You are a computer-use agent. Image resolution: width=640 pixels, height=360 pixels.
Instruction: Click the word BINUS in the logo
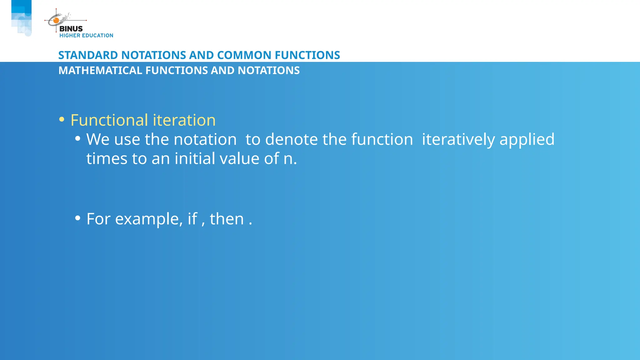[71, 29]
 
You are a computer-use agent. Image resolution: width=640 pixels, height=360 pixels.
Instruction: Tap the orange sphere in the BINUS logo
[56, 21]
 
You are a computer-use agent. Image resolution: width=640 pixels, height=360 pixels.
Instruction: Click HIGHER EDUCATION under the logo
[86, 36]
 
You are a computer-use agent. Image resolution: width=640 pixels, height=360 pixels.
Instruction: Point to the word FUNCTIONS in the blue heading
[307, 55]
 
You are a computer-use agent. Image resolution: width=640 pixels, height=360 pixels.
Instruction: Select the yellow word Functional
[109, 120]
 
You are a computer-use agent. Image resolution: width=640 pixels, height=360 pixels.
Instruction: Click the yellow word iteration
[184, 120]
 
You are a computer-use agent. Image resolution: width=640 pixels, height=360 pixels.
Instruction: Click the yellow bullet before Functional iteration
[62, 119]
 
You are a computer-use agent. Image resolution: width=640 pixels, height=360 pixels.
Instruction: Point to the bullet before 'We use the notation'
[78, 138]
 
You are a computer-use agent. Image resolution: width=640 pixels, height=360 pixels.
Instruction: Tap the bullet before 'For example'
[78, 218]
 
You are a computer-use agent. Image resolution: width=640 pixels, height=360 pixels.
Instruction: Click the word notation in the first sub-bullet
[205, 139]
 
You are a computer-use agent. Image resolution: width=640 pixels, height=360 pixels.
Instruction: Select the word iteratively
[458, 139]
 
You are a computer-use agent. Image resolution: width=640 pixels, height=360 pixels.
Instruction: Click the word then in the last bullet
[227, 219]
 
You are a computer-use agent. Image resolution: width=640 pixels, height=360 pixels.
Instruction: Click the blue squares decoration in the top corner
[21, 17]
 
